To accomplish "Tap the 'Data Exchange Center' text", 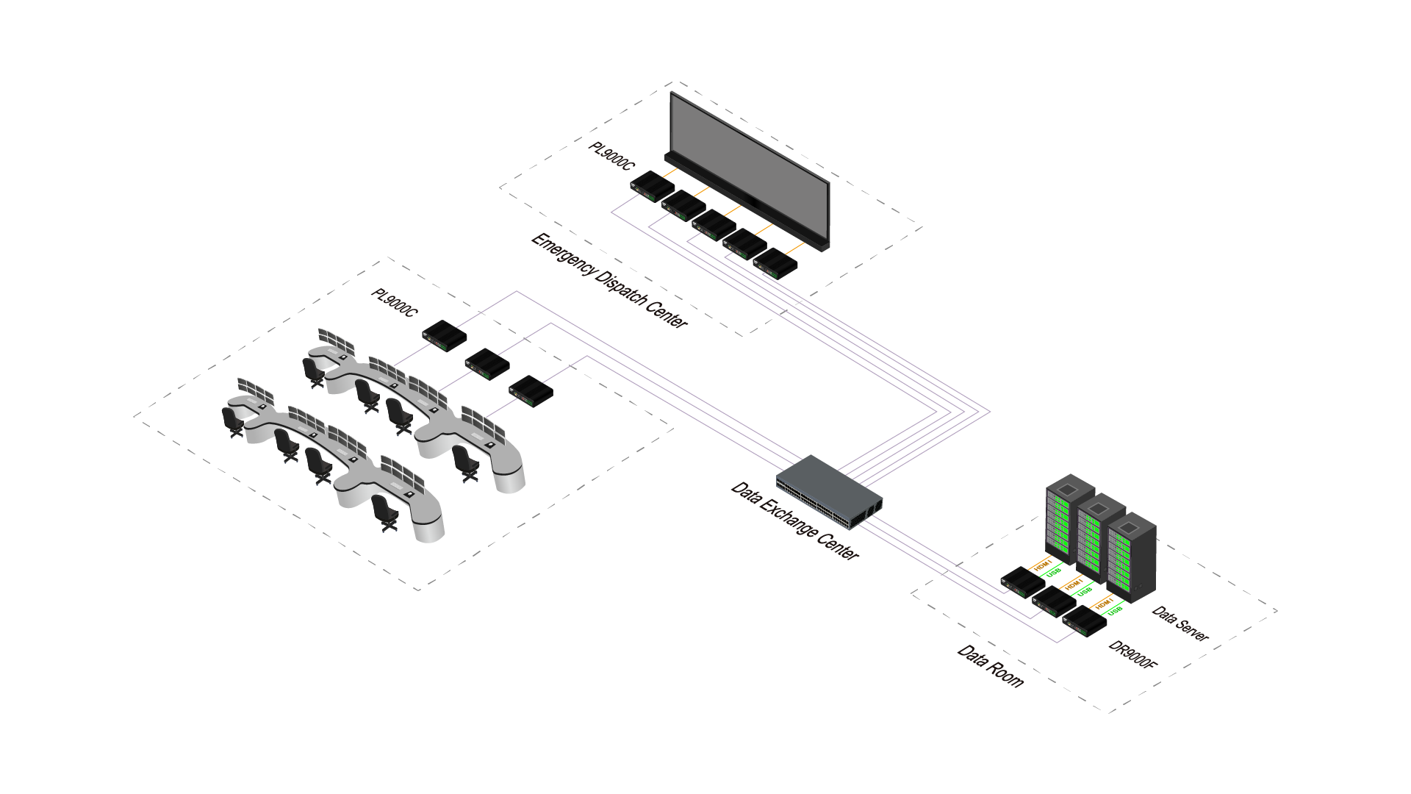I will coord(794,521).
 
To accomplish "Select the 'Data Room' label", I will coord(991,666).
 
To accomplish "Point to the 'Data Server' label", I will coord(1180,623).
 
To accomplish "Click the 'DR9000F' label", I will coord(1132,654).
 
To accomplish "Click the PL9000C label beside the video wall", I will coord(611,156).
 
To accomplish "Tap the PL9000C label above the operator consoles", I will coord(394,302).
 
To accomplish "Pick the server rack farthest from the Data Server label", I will coord(1069,518).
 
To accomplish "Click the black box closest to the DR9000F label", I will coord(1085,621).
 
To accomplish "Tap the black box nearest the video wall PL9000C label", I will coord(652,186).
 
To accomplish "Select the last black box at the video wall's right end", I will coord(775,263).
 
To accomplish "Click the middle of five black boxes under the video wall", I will coord(714,224).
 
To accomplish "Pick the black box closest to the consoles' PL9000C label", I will coord(445,335).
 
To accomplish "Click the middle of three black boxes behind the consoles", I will coord(487,363).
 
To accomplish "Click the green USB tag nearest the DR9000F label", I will coord(1116,610).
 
